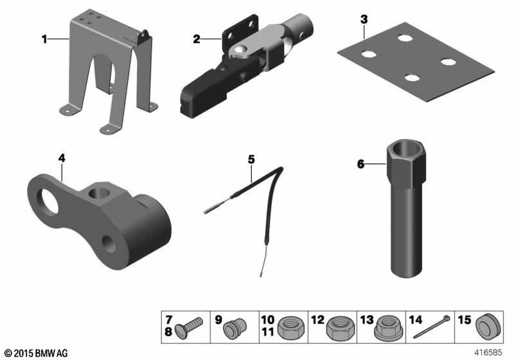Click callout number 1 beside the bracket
point(44,40)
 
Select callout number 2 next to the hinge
point(197,40)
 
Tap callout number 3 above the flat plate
point(364,19)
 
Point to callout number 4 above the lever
point(62,158)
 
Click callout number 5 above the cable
point(251,159)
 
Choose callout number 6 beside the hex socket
point(360,164)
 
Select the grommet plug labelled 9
point(235,328)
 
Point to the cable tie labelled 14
point(431,327)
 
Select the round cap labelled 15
point(488,327)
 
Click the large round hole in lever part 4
point(48,201)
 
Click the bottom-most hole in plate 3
point(412,78)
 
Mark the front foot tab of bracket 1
point(109,129)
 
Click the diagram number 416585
point(488,352)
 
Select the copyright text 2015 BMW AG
point(37,353)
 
